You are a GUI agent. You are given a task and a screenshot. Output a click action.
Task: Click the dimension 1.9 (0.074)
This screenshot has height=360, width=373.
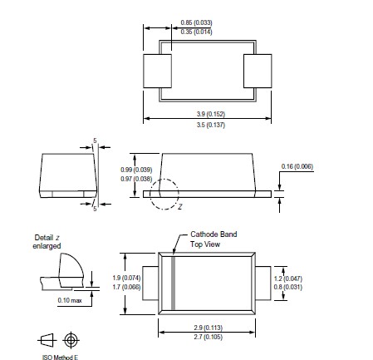pos(127,277)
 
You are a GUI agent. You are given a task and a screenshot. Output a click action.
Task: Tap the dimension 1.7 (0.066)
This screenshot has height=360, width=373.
pos(127,286)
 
